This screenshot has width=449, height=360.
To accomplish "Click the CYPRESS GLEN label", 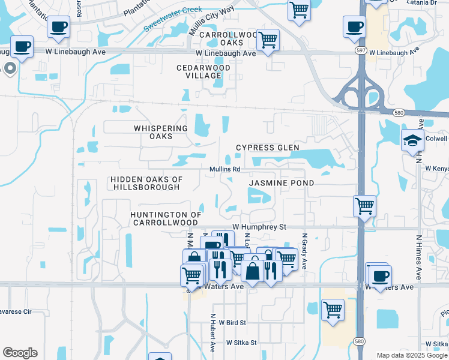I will (267, 148).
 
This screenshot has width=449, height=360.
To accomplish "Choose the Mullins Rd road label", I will (224, 170).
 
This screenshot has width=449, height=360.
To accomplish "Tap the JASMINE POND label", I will (282, 182).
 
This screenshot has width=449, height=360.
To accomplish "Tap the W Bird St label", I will (232, 323).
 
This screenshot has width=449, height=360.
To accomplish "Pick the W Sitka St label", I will (241, 343).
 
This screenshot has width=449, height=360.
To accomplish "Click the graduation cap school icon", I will (412, 141).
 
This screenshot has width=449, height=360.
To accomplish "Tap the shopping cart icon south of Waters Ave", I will (333, 310).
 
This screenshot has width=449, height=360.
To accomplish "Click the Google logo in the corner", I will (20, 353).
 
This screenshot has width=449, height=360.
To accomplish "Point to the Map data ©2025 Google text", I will (412, 355).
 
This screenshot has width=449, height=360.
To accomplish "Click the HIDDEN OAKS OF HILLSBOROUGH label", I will (146, 184).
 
